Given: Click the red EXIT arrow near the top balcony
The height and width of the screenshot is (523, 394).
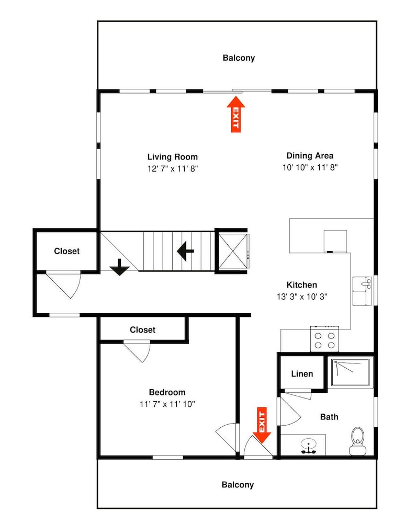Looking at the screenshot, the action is pos(236,114).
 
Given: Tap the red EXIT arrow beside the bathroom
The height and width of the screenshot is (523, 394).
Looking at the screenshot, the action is pos(262,425).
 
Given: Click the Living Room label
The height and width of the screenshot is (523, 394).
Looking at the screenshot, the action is pos(173,157).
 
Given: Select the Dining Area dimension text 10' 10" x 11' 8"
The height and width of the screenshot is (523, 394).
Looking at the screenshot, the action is pos(310,167).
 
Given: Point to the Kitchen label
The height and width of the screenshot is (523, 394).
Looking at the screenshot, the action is pos(302,285).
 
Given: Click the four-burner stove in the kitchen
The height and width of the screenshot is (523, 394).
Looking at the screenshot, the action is pos(324,339).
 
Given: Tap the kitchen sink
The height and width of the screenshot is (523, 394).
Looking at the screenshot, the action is pos(362,291).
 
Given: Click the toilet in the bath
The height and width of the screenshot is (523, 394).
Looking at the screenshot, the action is pos(358,441).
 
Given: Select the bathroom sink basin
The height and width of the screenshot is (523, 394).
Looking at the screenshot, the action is pos(309,447).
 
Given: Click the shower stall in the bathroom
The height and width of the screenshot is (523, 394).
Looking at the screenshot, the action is pos(350,372).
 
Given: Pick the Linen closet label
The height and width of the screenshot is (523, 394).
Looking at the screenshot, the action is pos(302,374).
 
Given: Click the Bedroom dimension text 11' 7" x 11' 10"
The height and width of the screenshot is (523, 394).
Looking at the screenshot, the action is pos(167,404).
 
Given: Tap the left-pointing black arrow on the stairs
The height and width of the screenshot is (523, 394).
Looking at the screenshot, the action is pos(186,251).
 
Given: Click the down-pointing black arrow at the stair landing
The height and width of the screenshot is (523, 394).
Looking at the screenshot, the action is pos(119,267).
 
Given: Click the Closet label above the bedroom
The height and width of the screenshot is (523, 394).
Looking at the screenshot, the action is pos(142,330).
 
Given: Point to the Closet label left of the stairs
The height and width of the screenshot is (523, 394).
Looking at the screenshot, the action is pos(67,251).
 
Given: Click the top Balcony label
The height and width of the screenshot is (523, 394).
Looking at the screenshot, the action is pos(239,58).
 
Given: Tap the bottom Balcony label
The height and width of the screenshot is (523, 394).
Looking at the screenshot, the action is pos(238,485).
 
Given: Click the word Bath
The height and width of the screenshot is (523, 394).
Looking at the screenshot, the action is pos(329,417).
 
